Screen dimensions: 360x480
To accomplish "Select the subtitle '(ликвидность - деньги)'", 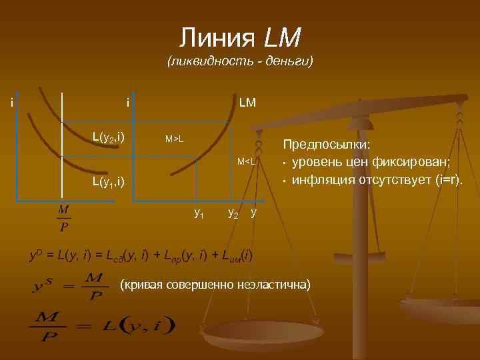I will pos(241,62).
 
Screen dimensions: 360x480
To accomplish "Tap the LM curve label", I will pos(247,102).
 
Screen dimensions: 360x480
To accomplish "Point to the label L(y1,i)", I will pos(108,181).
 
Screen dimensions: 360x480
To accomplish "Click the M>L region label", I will pos(175,139).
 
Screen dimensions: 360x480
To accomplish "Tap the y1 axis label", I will pos(199,213).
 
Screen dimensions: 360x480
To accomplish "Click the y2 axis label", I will pos(233,213).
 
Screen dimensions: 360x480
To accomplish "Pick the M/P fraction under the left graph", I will pos(64,219).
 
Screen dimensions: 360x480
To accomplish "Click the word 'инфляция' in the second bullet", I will pos(317,180).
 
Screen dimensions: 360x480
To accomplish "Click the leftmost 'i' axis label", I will pos(12,102).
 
